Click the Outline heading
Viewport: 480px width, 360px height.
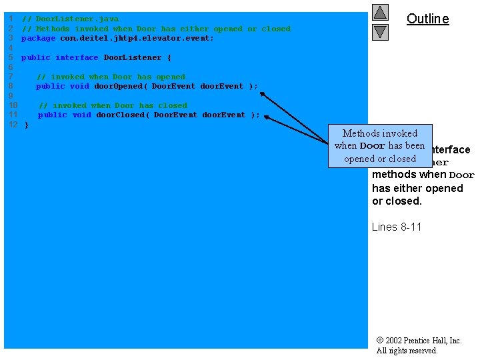point(427,19)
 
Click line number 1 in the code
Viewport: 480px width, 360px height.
point(11,19)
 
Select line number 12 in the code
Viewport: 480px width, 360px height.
point(13,125)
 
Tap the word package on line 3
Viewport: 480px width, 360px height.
point(38,39)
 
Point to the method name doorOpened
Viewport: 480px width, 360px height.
point(118,87)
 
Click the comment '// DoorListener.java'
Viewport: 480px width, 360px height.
point(70,19)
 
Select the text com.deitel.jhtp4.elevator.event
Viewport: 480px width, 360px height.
point(137,39)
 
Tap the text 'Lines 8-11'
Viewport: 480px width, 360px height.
point(397,227)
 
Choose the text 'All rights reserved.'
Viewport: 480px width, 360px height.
point(407,351)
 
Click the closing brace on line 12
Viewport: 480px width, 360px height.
point(27,125)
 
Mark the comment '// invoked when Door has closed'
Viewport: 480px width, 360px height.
point(113,105)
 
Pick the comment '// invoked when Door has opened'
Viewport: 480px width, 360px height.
point(111,77)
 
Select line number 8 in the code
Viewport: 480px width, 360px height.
point(11,87)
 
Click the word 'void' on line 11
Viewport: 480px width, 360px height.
point(82,115)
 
